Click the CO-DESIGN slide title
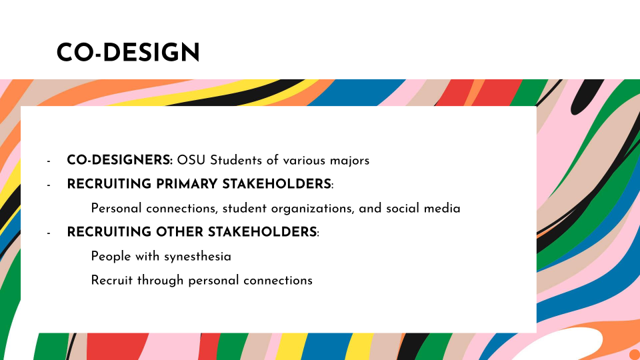pos(128,53)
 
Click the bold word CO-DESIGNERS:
pos(119,160)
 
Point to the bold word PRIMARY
pos(187,184)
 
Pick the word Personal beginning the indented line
pos(116,208)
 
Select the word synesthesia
pos(197,257)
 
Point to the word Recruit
pos(112,281)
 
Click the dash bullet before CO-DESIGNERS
pos(49,161)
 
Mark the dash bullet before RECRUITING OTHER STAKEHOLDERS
pos(49,234)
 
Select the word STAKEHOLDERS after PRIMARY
pos(276,184)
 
